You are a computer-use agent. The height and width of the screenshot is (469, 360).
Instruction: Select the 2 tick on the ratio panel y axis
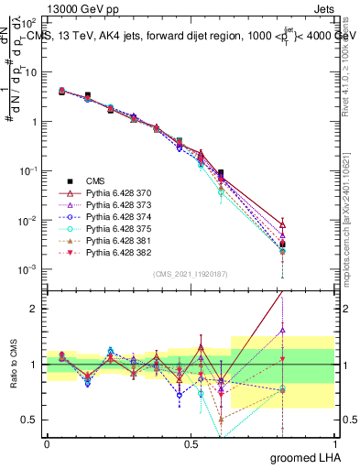35,309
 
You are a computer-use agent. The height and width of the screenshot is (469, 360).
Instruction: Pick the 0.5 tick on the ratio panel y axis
30,420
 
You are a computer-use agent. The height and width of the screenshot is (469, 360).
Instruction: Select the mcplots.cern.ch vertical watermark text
351,211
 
